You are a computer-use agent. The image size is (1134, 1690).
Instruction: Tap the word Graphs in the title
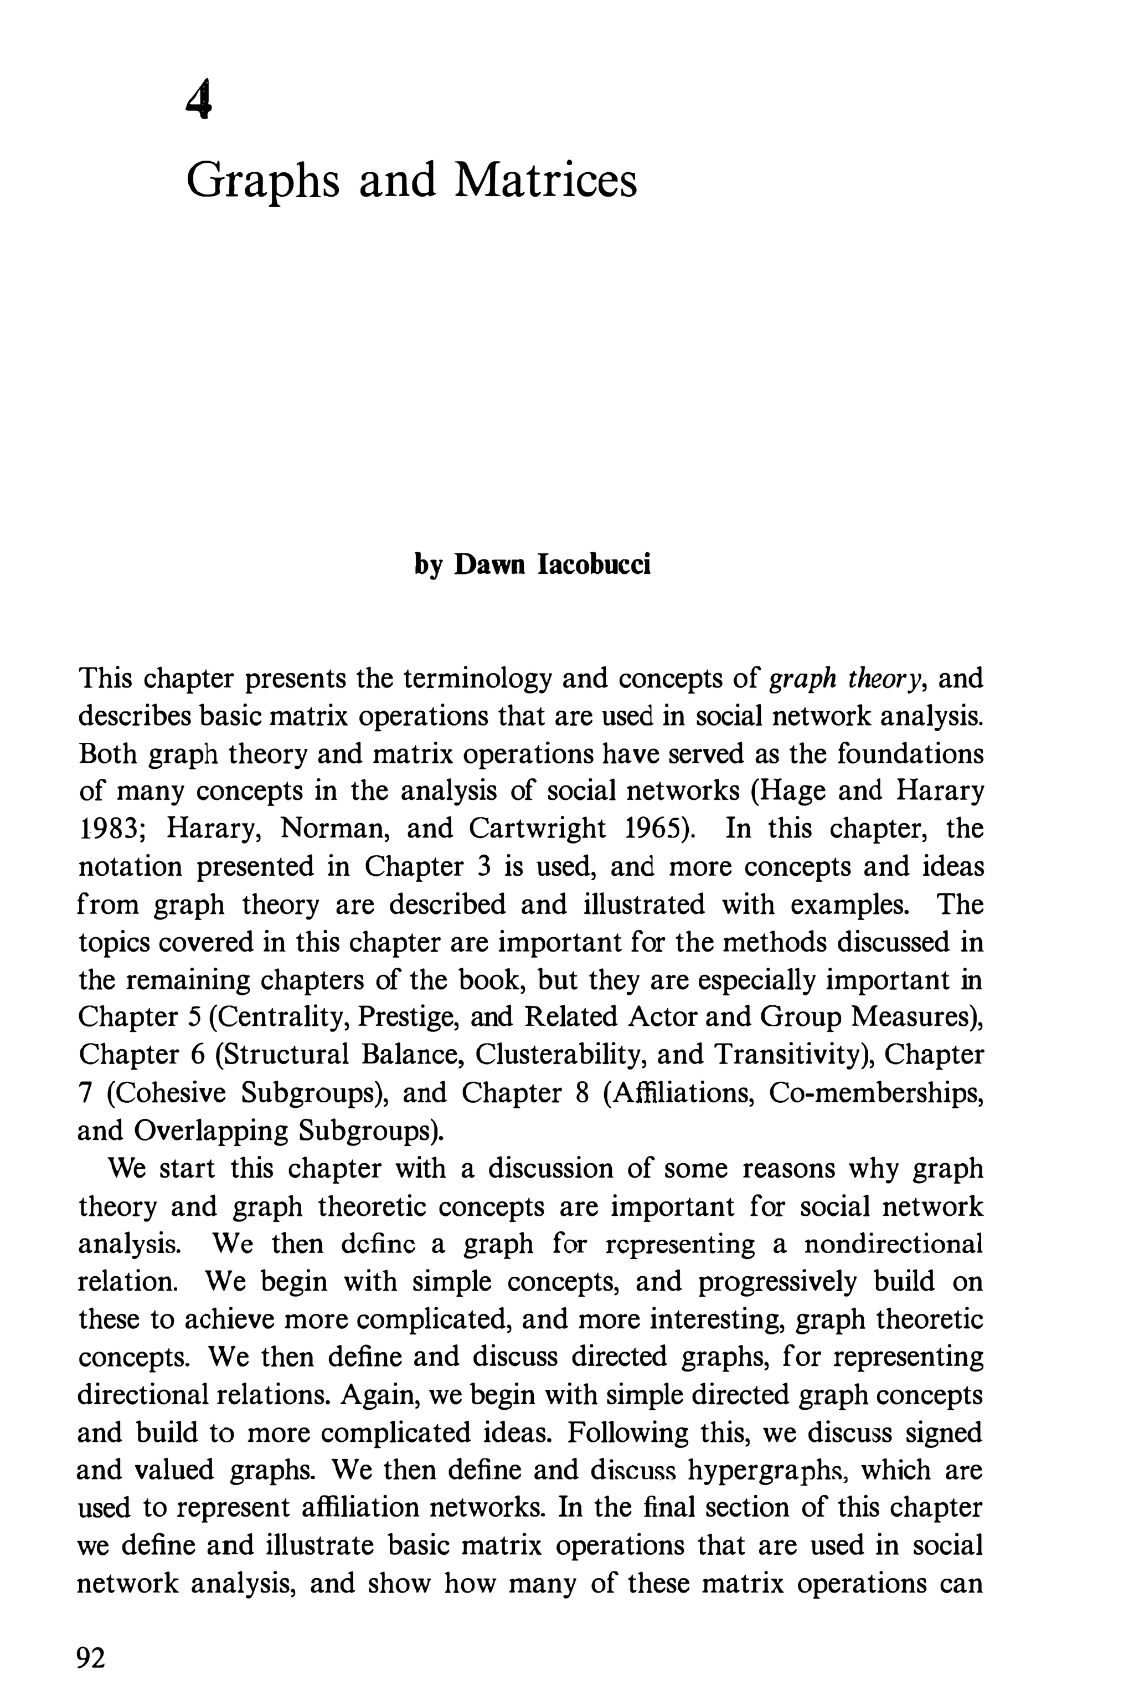tap(262, 181)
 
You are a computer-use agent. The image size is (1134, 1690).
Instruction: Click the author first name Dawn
tap(491, 564)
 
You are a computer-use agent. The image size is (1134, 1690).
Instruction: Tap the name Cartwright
tap(537, 828)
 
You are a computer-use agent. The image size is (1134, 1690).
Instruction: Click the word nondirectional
tap(893, 1244)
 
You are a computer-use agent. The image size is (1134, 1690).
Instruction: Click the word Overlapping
tap(210, 1130)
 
